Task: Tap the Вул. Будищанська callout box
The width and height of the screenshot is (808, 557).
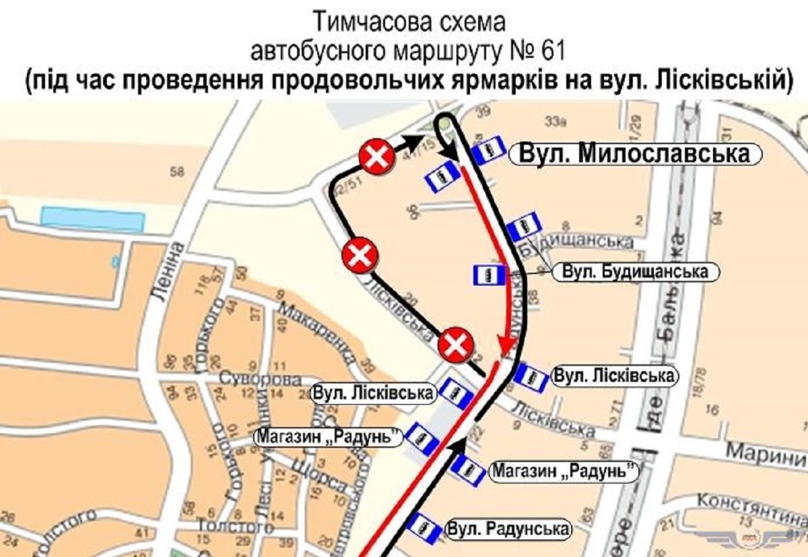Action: coord(635,272)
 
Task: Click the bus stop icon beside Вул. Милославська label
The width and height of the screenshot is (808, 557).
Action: coord(488,150)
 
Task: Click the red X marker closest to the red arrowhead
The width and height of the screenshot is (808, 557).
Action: coord(456,346)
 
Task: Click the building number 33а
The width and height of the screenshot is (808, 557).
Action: coord(553,122)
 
